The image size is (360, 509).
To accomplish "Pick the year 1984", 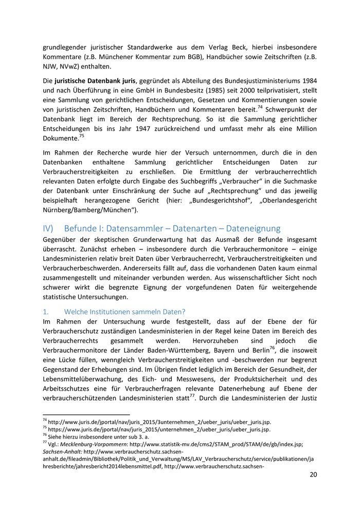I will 307,81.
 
